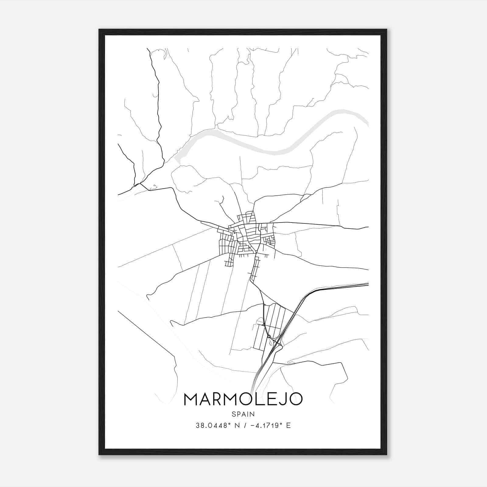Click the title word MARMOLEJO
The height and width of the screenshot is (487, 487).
243,399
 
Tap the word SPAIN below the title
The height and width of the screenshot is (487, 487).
243,414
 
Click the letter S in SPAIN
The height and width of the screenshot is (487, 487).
234,414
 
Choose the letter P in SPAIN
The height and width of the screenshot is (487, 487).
238,414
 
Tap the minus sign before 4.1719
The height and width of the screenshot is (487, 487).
252,425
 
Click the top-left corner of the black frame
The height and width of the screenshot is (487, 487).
100,30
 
